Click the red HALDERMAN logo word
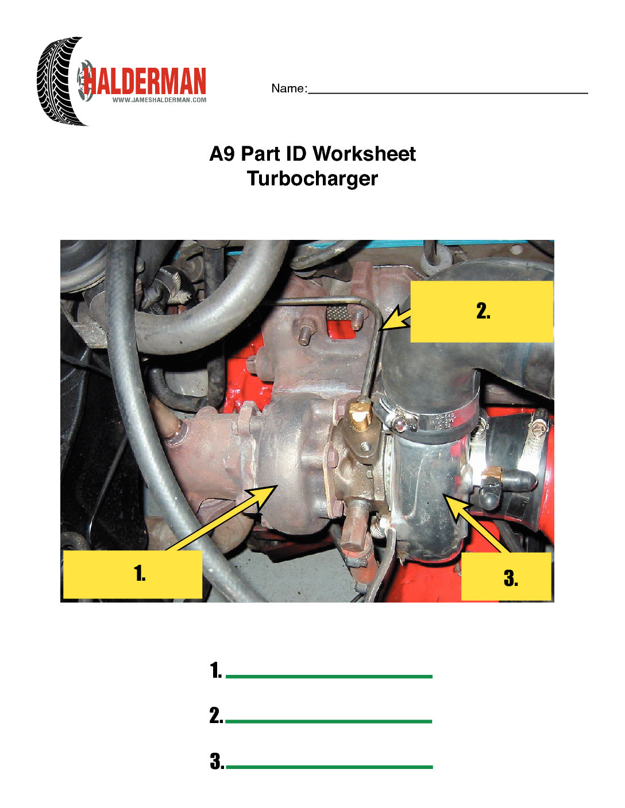(145, 81)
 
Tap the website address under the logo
(159, 100)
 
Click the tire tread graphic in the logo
(60, 81)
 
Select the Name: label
(289, 88)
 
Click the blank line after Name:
(448, 93)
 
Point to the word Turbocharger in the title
(312, 178)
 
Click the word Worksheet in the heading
(364, 154)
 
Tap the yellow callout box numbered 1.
(133, 574)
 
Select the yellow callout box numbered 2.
(481, 312)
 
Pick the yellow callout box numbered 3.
(506, 576)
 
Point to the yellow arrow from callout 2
(395, 318)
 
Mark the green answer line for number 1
(329, 677)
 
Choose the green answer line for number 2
(329, 721)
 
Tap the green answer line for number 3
(329, 767)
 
